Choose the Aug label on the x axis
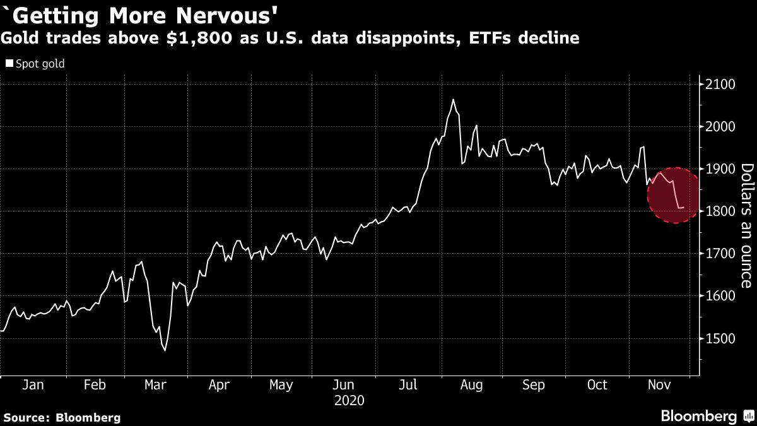pyautogui.click(x=471, y=385)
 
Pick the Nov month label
pyautogui.click(x=660, y=385)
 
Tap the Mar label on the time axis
pyautogui.click(x=155, y=385)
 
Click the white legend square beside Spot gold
pyautogui.click(x=9, y=64)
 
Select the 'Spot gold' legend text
pyautogui.click(x=40, y=64)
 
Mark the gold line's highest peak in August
pyautogui.click(x=453, y=100)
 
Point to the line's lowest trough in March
pyautogui.click(x=165, y=350)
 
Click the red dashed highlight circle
pyautogui.click(x=674, y=195)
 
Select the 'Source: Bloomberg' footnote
pyautogui.click(x=61, y=417)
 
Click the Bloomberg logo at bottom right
pyautogui.click(x=707, y=416)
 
